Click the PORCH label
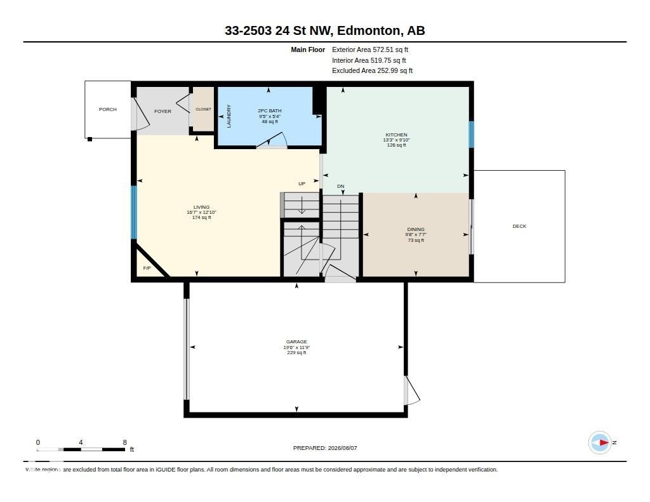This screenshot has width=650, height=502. point(108,109)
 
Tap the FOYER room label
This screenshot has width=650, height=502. point(162,112)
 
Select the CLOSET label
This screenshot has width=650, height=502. point(203,109)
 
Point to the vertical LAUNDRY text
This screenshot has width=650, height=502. point(229,116)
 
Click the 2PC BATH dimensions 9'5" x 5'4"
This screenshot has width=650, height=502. point(269,117)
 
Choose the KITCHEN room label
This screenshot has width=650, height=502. point(396,135)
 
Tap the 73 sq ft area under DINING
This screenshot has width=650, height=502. point(416,241)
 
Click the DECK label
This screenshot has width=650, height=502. point(519,227)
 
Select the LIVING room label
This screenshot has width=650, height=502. point(201,208)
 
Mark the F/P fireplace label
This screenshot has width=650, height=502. point(147,268)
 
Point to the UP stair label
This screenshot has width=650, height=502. point(302,183)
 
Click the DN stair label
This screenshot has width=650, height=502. point(341,187)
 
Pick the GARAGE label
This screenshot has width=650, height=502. point(296,342)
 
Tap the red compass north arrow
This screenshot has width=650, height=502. point(603,443)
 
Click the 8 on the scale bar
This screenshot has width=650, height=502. point(125,442)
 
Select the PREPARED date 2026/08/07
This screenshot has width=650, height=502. point(342,448)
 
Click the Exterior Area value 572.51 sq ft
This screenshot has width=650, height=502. point(390,50)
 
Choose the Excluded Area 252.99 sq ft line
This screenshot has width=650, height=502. point(372,71)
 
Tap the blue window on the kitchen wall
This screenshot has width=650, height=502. point(472,135)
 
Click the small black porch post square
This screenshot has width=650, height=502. point(90,139)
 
